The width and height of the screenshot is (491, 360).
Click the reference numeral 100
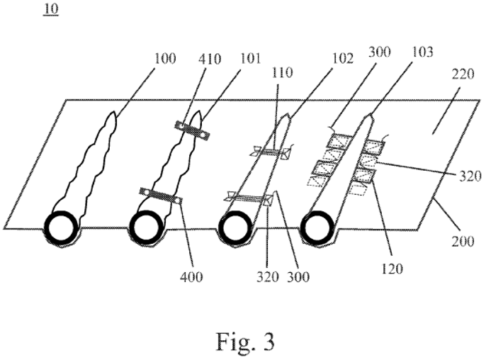coord(165,59)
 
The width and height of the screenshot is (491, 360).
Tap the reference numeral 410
coord(210,59)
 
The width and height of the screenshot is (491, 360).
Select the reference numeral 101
coord(250,59)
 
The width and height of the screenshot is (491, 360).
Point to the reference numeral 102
coord(343,59)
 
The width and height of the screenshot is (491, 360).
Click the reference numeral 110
coord(282,73)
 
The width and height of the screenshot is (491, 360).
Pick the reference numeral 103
coord(422,52)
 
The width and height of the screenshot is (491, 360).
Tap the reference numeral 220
coord(463,74)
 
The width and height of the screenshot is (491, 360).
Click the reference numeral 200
coord(463,241)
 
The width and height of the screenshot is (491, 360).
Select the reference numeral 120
coord(392,269)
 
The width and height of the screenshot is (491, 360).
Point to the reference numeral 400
coord(191,276)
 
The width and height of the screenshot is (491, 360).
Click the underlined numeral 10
coord(51,9)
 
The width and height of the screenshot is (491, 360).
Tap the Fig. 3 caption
coord(245,342)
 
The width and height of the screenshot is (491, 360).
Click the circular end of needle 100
coord(61,227)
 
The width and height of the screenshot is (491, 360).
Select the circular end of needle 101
coord(146,227)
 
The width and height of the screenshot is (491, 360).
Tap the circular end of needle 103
coord(317,227)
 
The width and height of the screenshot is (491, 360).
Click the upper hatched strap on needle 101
coord(192,130)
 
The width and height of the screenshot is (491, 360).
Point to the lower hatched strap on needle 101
coord(161,196)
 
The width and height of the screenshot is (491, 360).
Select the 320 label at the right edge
coord(470,176)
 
